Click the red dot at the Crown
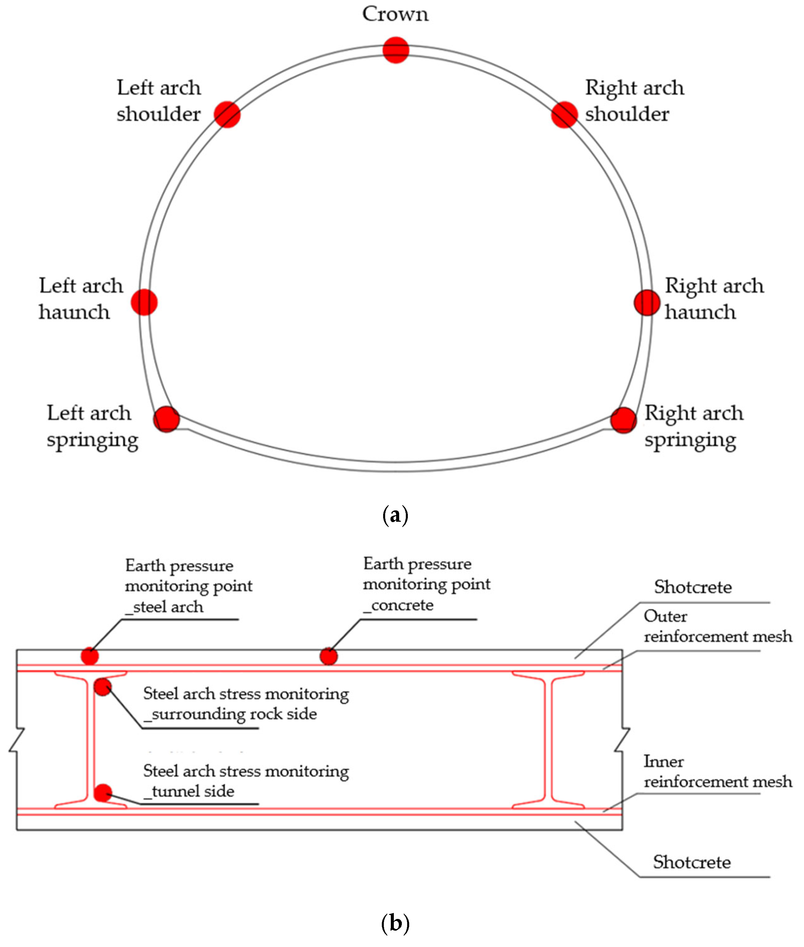[x=395, y=50]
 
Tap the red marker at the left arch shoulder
[x=227, y=114]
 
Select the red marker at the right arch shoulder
[x=564, y=115]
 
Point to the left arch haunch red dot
[x=144, y=302]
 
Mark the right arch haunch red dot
[x=647, y=302]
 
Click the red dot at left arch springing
[x=166, y=419]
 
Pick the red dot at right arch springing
[x=623, y=420]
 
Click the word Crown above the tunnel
[x=395, y=14]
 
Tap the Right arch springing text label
[x=693, y=426]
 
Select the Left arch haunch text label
[x=81, y=299]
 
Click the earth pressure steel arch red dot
[x=90, y=657]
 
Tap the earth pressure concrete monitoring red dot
[x=328, y=657]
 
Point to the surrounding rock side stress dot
[x=102, y=687]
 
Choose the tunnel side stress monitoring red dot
[x=103, y=793]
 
